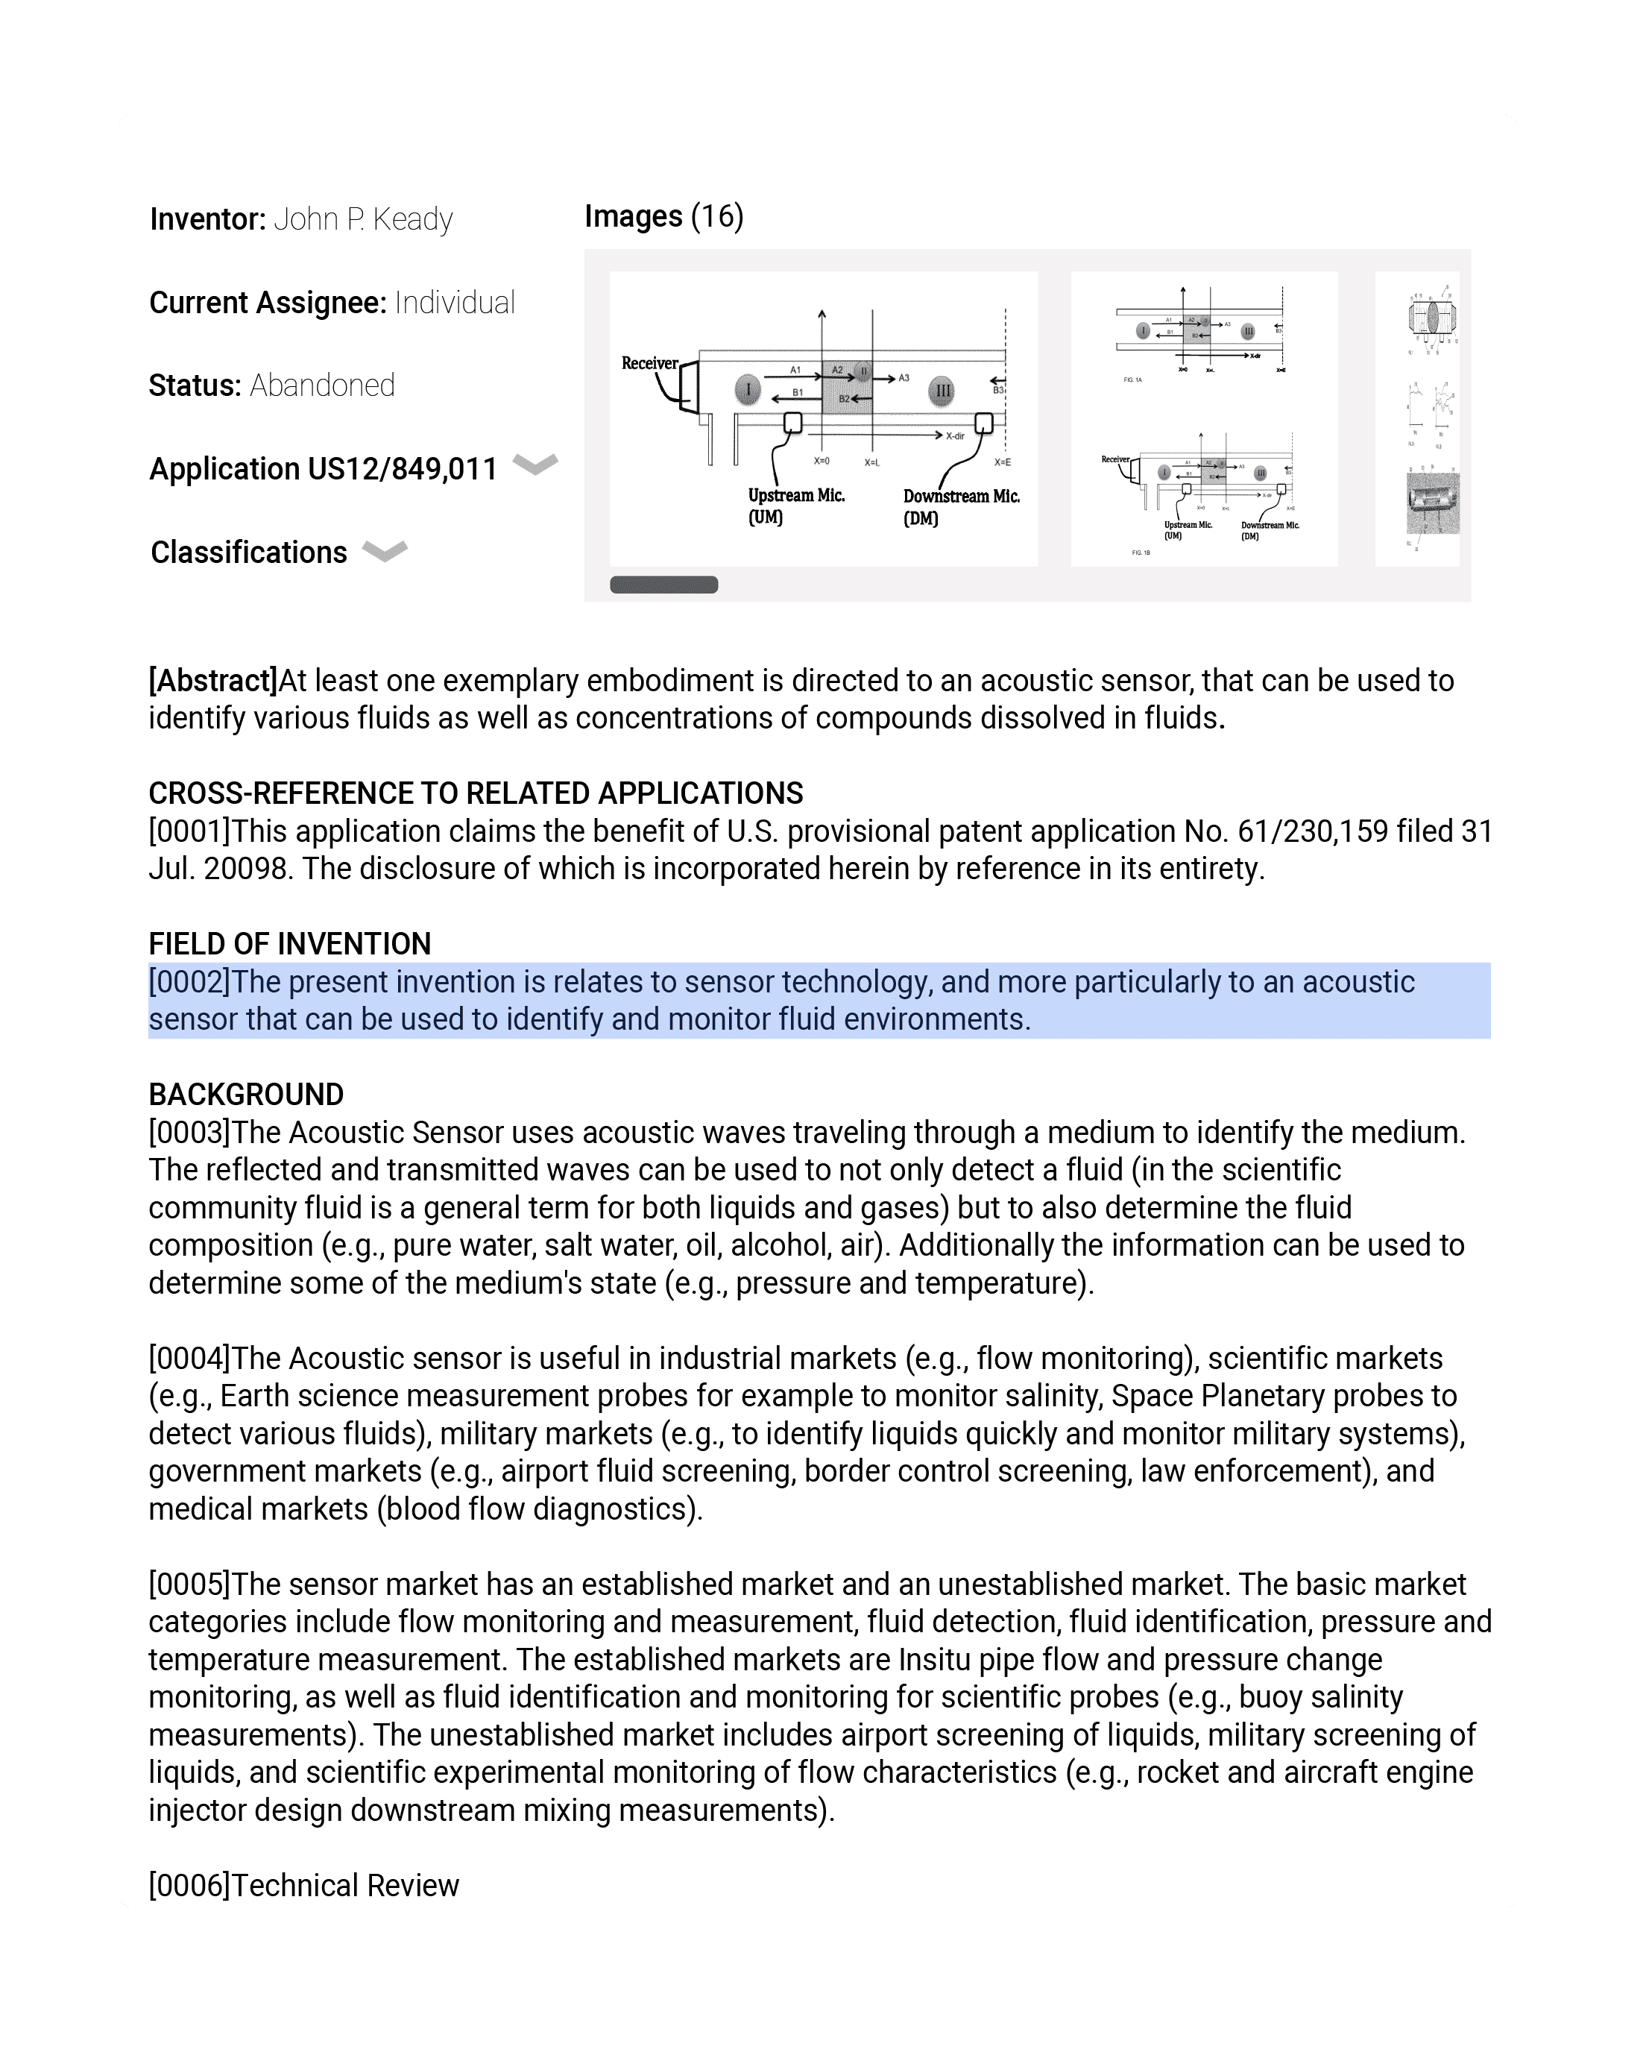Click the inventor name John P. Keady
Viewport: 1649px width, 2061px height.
click(362, 220)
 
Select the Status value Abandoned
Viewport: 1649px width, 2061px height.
click(322, 386)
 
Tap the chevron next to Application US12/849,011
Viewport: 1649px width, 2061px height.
click(535, 465)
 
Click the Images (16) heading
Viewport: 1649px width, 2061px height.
click(663, 217)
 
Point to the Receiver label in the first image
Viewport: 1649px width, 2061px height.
click(649, 364)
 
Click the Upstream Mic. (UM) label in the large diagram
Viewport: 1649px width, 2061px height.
click(795, 506)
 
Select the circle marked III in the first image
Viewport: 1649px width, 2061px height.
click(942, 391)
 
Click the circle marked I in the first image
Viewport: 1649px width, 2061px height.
click(748, 390)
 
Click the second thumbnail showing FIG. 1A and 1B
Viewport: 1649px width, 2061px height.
click(1203, 420)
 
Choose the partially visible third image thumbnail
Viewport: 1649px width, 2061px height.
click(1418, 420)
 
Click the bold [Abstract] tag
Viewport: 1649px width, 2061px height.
click(212, 682)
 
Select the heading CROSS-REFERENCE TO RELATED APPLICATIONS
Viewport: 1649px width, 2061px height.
click(475, 794)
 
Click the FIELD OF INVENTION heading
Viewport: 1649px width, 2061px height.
click(290, 945)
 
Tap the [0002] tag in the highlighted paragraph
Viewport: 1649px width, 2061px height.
click(189, 983)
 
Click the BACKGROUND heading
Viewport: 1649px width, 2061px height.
click(246, 1095)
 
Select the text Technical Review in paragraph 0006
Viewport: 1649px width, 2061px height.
click(345, 1886)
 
